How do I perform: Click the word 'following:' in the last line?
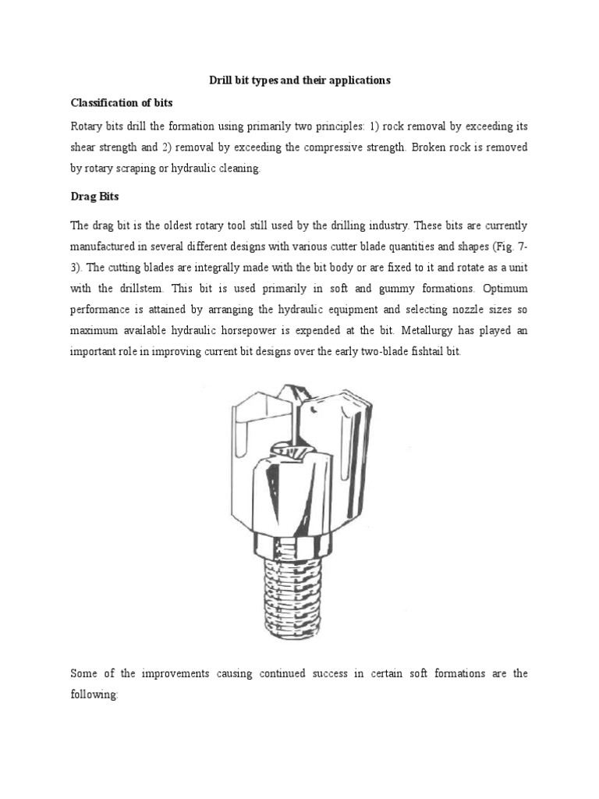pyautogui.click(x=94, y=673)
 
